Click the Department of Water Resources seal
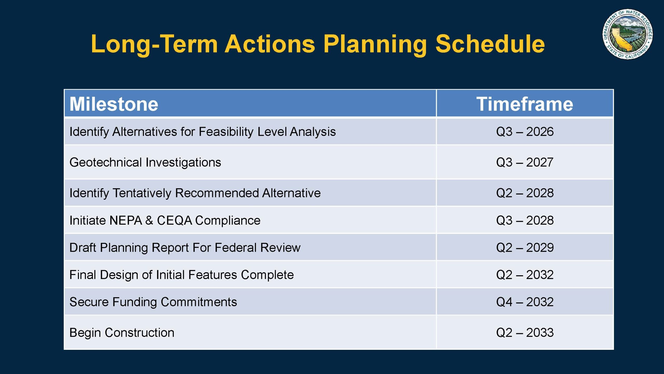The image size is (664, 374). click(627, 34)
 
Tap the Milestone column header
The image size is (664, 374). click(114, 104)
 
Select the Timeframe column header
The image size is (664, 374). click(524, 104)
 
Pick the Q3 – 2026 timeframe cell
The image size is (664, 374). click(525, 132)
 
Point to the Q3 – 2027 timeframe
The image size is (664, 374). click(525, 162)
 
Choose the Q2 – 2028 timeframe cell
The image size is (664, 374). click(525, 193)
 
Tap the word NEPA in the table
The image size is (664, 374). click(126, 221)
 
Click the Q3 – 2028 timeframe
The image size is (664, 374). click(525, 221)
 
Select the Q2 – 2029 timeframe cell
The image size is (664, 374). click(525, 248)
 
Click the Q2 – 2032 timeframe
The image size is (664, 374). click(525, 275)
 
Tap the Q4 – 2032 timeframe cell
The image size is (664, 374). click(525, 302)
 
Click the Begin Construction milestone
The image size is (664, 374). click(122, 333)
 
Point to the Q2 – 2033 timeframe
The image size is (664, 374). click(525, 332)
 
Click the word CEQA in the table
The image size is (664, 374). click(174, 221)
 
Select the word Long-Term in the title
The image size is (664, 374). click(154, 44)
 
